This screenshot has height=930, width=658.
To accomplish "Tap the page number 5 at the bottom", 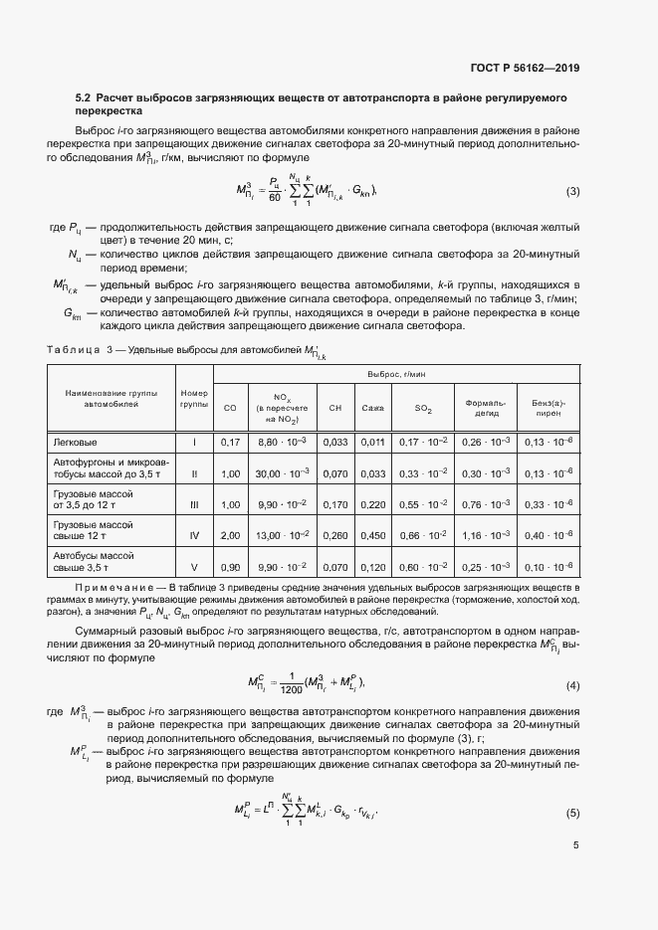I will point(576,846).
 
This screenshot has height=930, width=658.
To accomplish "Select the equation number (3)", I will point(572,191).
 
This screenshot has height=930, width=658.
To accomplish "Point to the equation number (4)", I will point(572,685).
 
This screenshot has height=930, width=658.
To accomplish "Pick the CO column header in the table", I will point(230,408).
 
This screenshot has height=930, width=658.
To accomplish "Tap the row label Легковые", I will point(76,442).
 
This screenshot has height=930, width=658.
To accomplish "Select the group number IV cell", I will point(194,535).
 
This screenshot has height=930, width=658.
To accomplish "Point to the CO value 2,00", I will point(230,535).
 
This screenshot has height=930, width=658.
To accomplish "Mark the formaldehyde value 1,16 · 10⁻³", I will point(487,535).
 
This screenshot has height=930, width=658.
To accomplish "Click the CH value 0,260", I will point(335,535).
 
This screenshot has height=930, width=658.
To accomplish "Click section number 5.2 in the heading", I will point(83,99).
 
